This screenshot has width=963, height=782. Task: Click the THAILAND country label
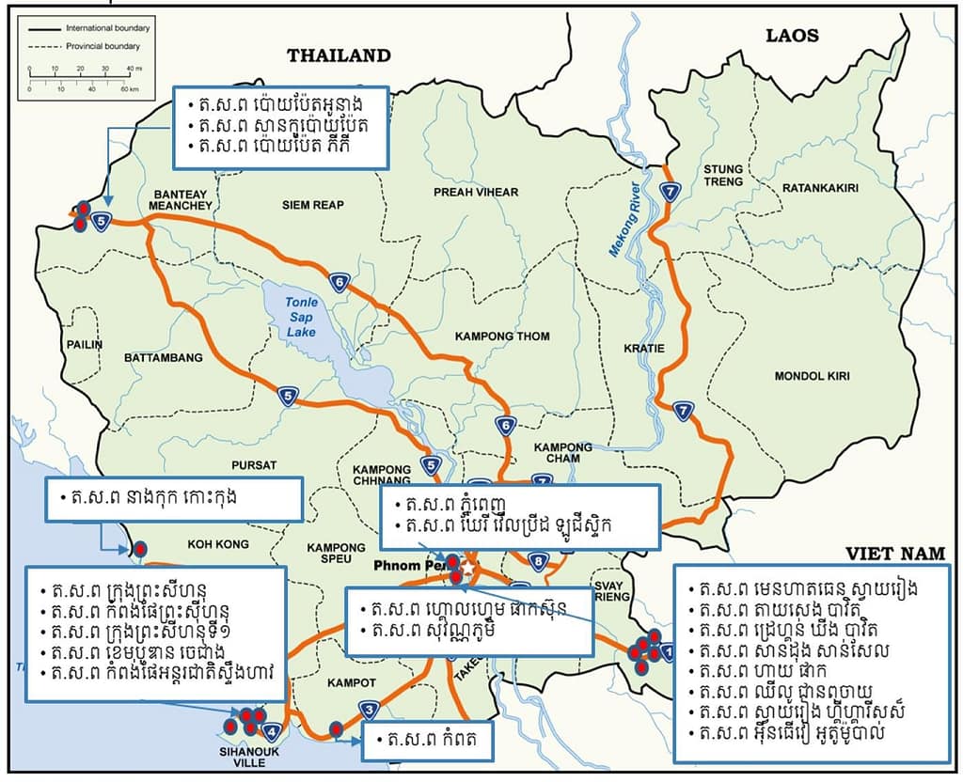coord(339,55)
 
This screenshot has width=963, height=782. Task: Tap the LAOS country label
coord(792,37)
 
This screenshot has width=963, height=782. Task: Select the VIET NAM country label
coord(894,554)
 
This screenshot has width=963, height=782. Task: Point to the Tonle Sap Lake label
coord(302,317)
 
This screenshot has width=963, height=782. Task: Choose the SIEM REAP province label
coord(313,205)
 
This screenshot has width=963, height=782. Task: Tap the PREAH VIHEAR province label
coord(476,193)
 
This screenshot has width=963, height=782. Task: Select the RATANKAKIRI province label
coord(820,188)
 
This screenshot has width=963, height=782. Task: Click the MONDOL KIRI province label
coord(812,376)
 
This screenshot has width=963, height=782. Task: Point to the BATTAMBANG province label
coord(164,358)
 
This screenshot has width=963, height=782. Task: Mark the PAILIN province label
coord(85,345)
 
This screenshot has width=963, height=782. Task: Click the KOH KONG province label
coord(218,544)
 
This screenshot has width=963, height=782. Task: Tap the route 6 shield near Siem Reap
coord(339,280)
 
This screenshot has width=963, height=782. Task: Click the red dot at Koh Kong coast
coord(140,548)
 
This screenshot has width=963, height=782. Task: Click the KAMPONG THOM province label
coord(502,336)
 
